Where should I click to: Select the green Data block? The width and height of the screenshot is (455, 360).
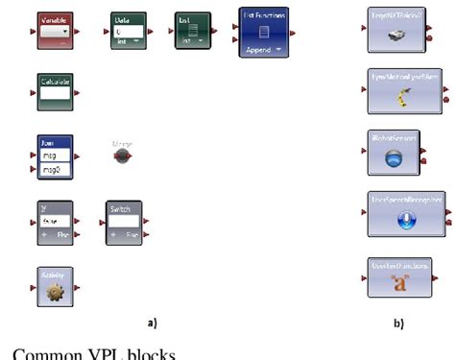pyautogui.click(x=126, y=30)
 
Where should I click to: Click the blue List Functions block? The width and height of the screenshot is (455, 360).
pyautogui.click(x=264, y=31)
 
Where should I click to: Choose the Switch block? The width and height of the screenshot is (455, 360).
pyautogui.click(x=124, y=221)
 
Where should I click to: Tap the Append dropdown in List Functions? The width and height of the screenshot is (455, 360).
pyautogui.click(x=264, y=46)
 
